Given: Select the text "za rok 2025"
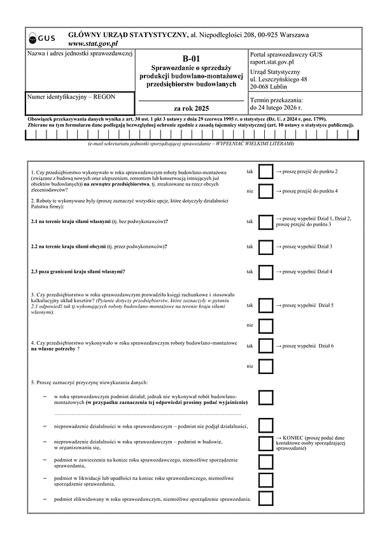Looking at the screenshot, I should (x=191, y=108).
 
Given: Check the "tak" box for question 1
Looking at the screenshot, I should (x=265, y=172).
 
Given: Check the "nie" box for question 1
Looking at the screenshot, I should (x=265, y=191).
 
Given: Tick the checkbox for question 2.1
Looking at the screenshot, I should (x=265, y=221).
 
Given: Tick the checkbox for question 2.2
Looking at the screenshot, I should (x=265, y=246).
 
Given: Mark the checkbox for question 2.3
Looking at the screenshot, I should (x=265, y=271).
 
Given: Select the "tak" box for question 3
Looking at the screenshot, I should (x=265, y=306).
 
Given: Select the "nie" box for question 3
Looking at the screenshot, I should (x=265, y=325).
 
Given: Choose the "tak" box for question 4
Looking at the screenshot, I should (x=265, y=346).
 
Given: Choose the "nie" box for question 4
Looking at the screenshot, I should (x=265, y=366).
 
